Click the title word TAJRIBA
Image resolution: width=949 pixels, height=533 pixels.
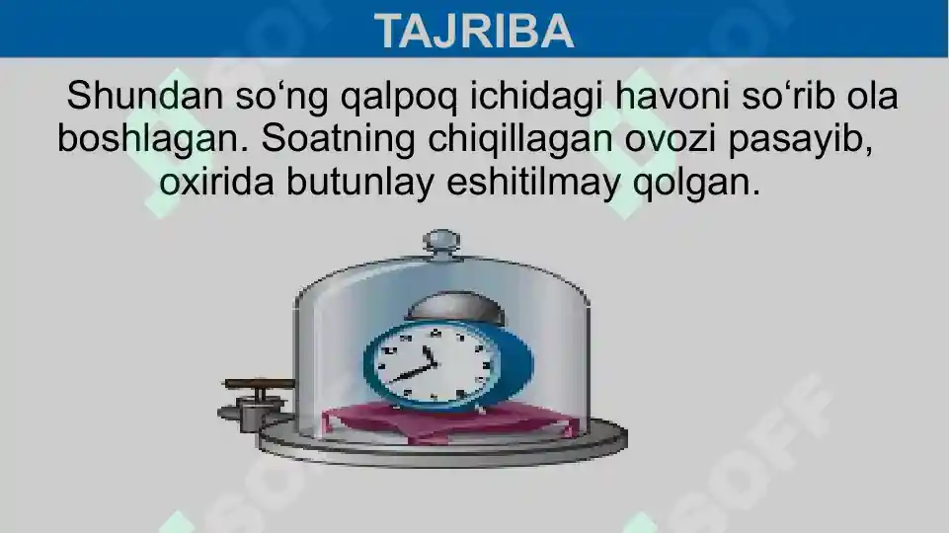474,31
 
